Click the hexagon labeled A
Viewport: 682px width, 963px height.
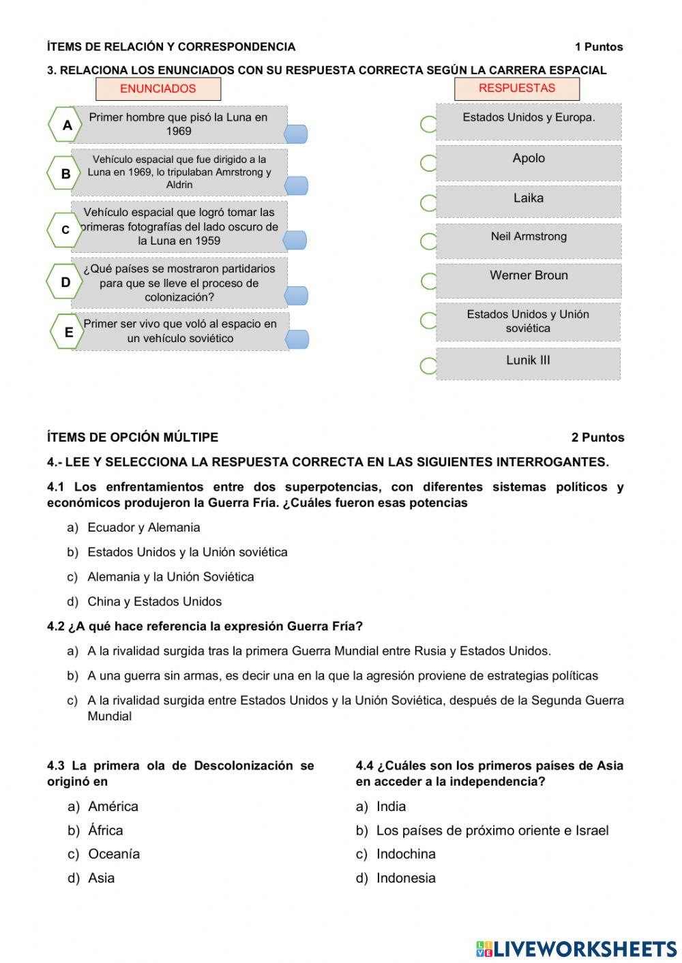(x=66, y=125)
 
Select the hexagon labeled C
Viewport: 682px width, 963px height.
(x=65, y=230)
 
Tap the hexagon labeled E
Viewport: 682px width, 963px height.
(x=68, y=332)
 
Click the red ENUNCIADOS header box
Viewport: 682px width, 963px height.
(x=158, y=89)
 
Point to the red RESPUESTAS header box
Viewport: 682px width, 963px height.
(x=517, y=88)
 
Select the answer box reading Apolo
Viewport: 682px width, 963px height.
(x=529, y=162)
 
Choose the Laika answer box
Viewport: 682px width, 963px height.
(x=529, y=202)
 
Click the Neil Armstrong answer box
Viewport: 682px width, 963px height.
(x=529, y=241)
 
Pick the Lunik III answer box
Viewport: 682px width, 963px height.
(x=529, y=363)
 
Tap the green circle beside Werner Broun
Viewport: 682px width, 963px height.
(x=429, y=281)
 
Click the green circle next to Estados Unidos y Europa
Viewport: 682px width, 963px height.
(x=428, y=124)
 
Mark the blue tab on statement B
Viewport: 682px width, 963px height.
(x=296, y=185)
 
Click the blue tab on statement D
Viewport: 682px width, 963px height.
(x=296, y=295)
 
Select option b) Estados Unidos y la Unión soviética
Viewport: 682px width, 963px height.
(x=187, y=552)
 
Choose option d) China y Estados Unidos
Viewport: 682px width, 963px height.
(x=154, y=602)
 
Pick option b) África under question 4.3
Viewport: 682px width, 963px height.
(x=105, y=830)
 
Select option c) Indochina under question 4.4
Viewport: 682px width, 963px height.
(x=405, y=854)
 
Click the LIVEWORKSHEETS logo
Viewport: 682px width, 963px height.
(x=576, y=949)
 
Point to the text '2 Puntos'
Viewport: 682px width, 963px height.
(x=597, y=438)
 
